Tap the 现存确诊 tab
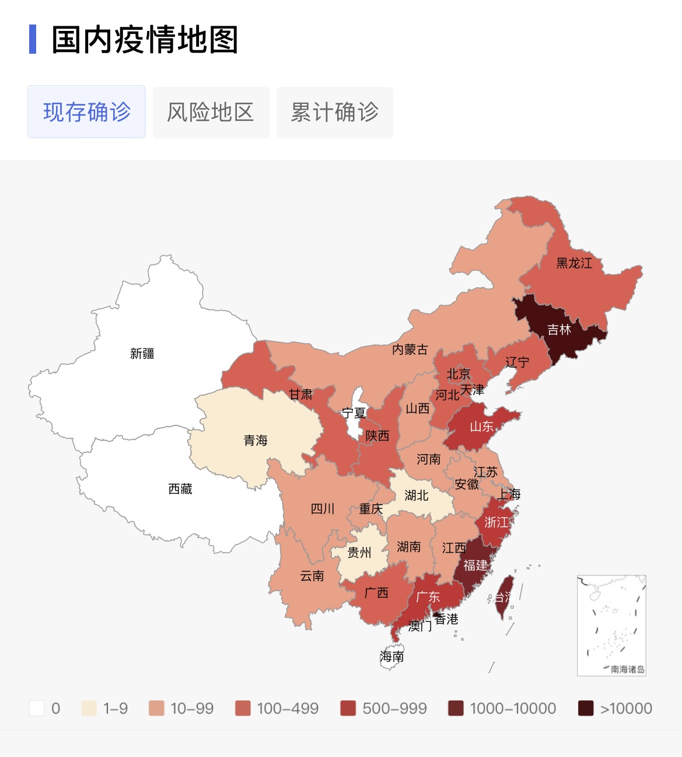[x=86, y=111]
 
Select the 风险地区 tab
[x=211, y=112]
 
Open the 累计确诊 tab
[x=334, y=112]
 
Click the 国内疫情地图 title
[x=145, y=40]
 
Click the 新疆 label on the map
[x=142, y=353]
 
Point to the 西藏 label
[x=180, y=489]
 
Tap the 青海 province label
[x=256, y=440]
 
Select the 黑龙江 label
[x=574, y=263]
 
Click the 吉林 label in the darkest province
[x=559, y=330]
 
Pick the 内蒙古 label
[x=410, y=349]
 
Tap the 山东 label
[x=482, y=427]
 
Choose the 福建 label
[x=475, y=565]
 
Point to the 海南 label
[x=392, y=657]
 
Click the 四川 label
[x=323, y=508]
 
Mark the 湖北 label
[x=417, y=496]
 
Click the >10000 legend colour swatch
[x=586, y=708]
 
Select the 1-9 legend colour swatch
[x=89, y=708]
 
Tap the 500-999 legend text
[x=394, y=709]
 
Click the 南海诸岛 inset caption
[x=628, y=669]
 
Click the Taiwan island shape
[x=505, y=595]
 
